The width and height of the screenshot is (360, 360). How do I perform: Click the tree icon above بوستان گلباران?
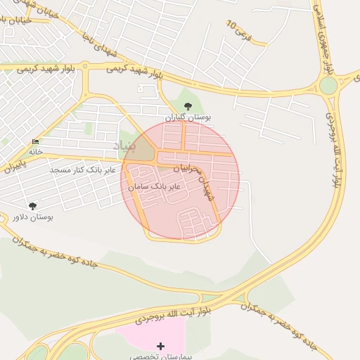pos(187,105)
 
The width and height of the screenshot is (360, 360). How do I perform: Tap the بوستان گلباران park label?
pos(188,117)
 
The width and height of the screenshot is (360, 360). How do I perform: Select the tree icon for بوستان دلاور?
pos(32,206)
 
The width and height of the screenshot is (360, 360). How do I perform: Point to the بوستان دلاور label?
pos(32,217)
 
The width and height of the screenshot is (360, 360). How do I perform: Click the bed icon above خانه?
pos(35,142)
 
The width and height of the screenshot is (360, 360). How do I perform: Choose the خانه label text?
pos(36,151)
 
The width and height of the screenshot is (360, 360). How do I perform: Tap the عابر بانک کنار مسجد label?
pos(77,170)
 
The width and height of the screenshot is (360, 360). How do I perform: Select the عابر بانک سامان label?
pos(155,186)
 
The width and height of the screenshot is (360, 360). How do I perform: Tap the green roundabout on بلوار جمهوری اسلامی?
pos(328,86)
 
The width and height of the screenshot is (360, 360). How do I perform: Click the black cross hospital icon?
pos(161,346)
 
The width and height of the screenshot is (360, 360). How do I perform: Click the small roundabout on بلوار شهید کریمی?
pos(85,67)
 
